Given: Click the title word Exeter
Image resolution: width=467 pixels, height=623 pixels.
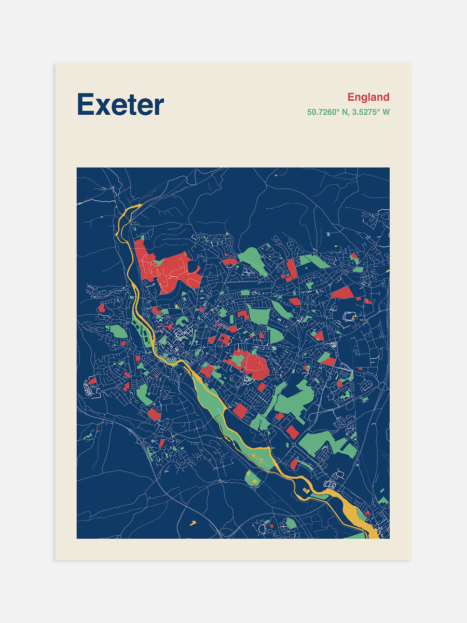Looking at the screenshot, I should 120,105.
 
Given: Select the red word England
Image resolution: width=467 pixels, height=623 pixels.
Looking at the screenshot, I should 368,97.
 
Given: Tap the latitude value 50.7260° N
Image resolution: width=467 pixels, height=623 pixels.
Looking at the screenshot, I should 328,112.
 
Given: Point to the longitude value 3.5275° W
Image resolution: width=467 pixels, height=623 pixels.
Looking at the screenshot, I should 371,112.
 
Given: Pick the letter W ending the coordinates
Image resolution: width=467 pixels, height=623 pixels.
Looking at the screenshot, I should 386,112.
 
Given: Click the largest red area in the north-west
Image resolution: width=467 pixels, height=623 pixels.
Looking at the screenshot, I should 171,270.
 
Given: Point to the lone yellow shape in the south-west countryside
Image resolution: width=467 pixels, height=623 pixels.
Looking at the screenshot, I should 193,522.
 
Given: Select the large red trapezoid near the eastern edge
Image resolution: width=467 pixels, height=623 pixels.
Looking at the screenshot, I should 342,293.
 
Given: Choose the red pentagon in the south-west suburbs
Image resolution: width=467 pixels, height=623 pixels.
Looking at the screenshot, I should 154,414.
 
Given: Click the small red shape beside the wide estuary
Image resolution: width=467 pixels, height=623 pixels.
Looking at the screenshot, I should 367,513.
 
